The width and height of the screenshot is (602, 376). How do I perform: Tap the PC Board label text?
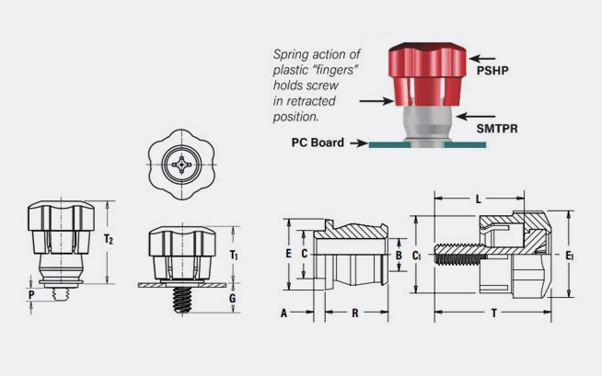coord(318,142)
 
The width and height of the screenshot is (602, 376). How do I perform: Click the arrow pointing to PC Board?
coord(356,142)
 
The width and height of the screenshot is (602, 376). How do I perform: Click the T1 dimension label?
coord(234,254)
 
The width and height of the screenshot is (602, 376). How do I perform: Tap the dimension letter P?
coord(31,294)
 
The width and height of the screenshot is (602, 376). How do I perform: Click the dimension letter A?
coord(284,313)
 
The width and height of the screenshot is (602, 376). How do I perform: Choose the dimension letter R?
coord(355,313)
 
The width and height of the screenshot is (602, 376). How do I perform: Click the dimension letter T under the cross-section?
coord(494,313)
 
